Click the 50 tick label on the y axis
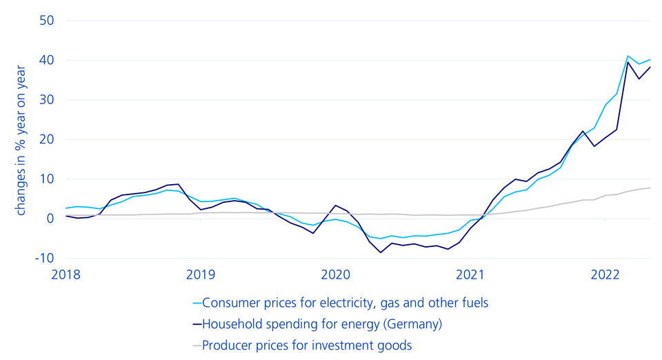coord(46,21)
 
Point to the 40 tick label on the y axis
coord(46,61)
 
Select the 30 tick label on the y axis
coord(46,100)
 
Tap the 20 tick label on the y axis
coord(46,139)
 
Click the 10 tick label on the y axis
coord(46,179)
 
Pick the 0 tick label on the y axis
coord(50,219)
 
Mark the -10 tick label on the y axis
coord(43,258)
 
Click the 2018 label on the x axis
coord(66,275)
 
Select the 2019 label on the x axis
coord(201,275)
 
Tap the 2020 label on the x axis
coord(336,275)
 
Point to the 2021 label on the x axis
coord(470,275)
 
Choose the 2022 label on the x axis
coord(605,275)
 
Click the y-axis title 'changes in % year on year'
coord(21,140)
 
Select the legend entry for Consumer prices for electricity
coord(345,302)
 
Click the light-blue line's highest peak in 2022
coord(628,56)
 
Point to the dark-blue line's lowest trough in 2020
coord(380,252)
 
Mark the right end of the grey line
coord(650,188)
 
